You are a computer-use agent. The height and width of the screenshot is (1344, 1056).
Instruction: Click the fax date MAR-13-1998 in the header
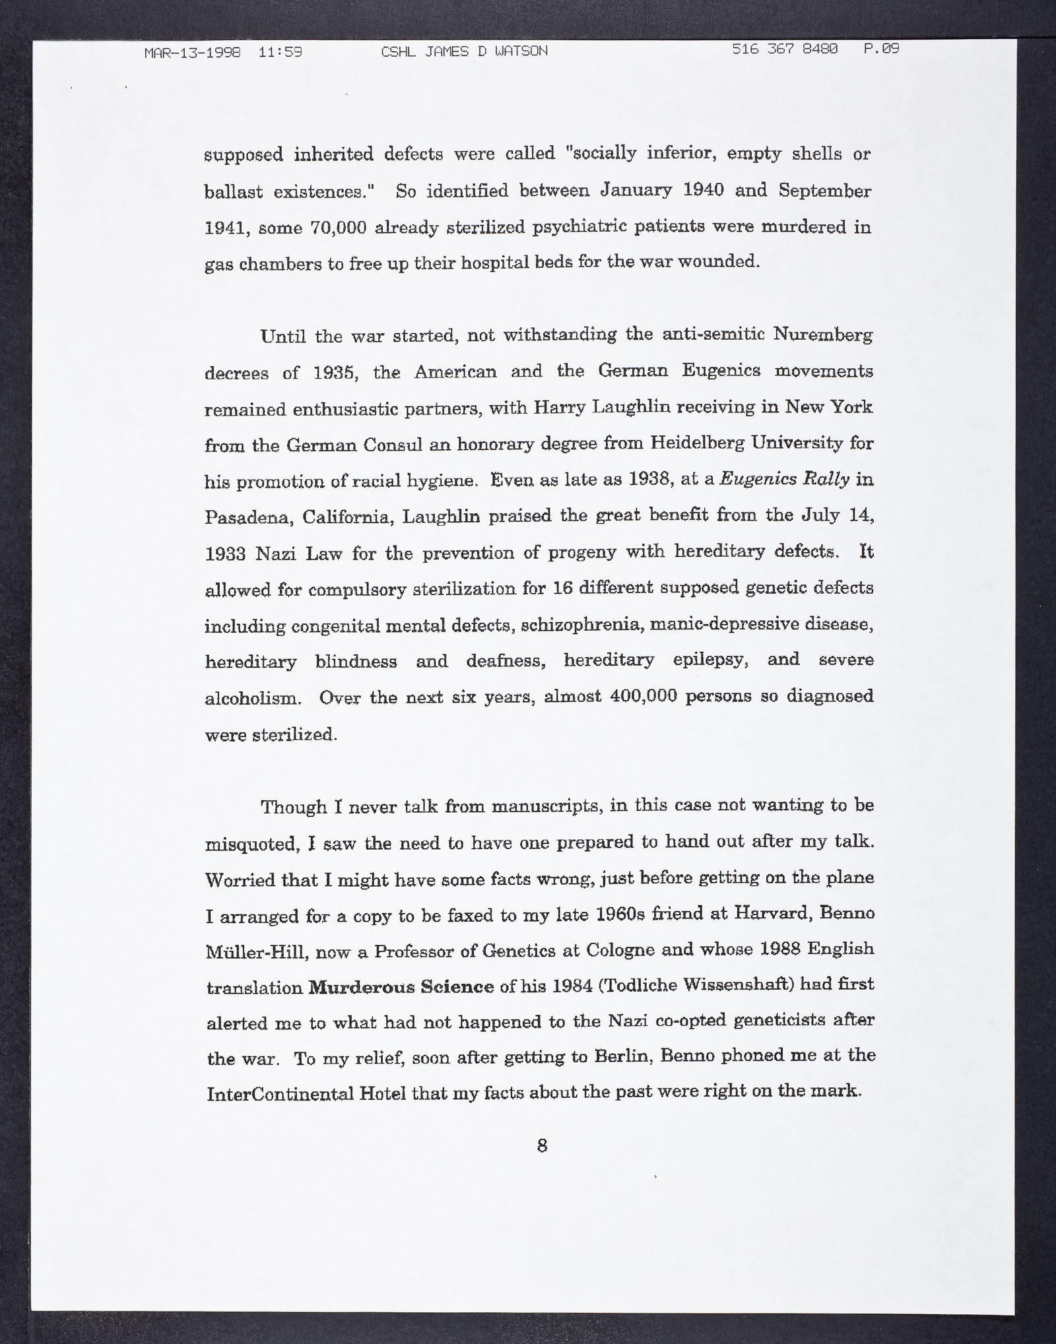(193, 51)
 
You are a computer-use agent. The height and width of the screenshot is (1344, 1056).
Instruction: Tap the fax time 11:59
(280, 51)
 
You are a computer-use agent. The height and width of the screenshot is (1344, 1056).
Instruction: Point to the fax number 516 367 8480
(785, 49)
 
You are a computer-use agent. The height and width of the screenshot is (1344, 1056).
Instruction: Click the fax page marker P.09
(882, 49)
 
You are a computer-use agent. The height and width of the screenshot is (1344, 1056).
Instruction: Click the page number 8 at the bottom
(542, 1145)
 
